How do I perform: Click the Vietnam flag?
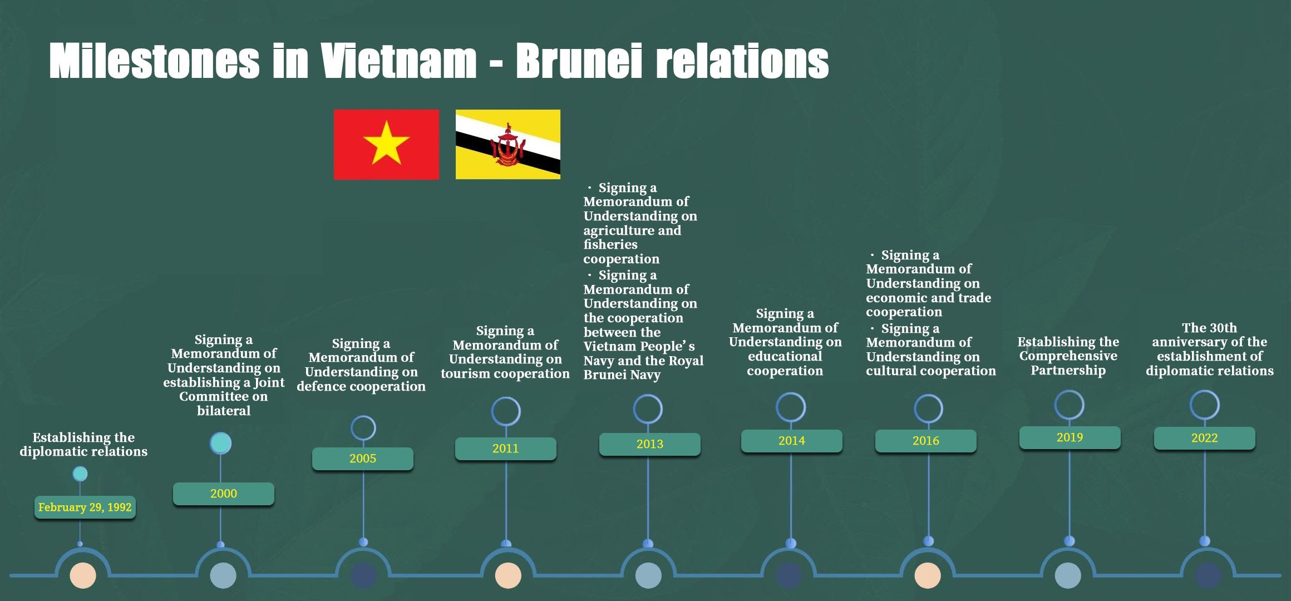click(x=386, y=145)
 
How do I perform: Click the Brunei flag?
click(x=508, y=145)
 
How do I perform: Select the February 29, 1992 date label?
click(x=85, y=508)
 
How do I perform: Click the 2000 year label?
click(x=224, y=494)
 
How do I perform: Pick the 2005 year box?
click(x=363, y=459)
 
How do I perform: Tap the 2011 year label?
click(x=506, y=449)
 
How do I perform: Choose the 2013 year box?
click(x=650, y=444)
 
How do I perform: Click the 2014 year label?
click(x=792, y=441)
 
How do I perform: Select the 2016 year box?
click(x=926, y=441)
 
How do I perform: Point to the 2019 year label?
click(x=1070, y=437)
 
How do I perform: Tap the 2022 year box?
click(x=1205, y=438)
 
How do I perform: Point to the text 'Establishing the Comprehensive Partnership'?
click(x=1068, y=356)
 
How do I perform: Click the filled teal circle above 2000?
click(x=220, y=443)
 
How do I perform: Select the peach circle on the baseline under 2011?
click(x=508, y=575)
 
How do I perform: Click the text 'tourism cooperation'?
click(x=505, y=373)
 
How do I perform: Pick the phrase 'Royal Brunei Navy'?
click(x=644, y=368)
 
